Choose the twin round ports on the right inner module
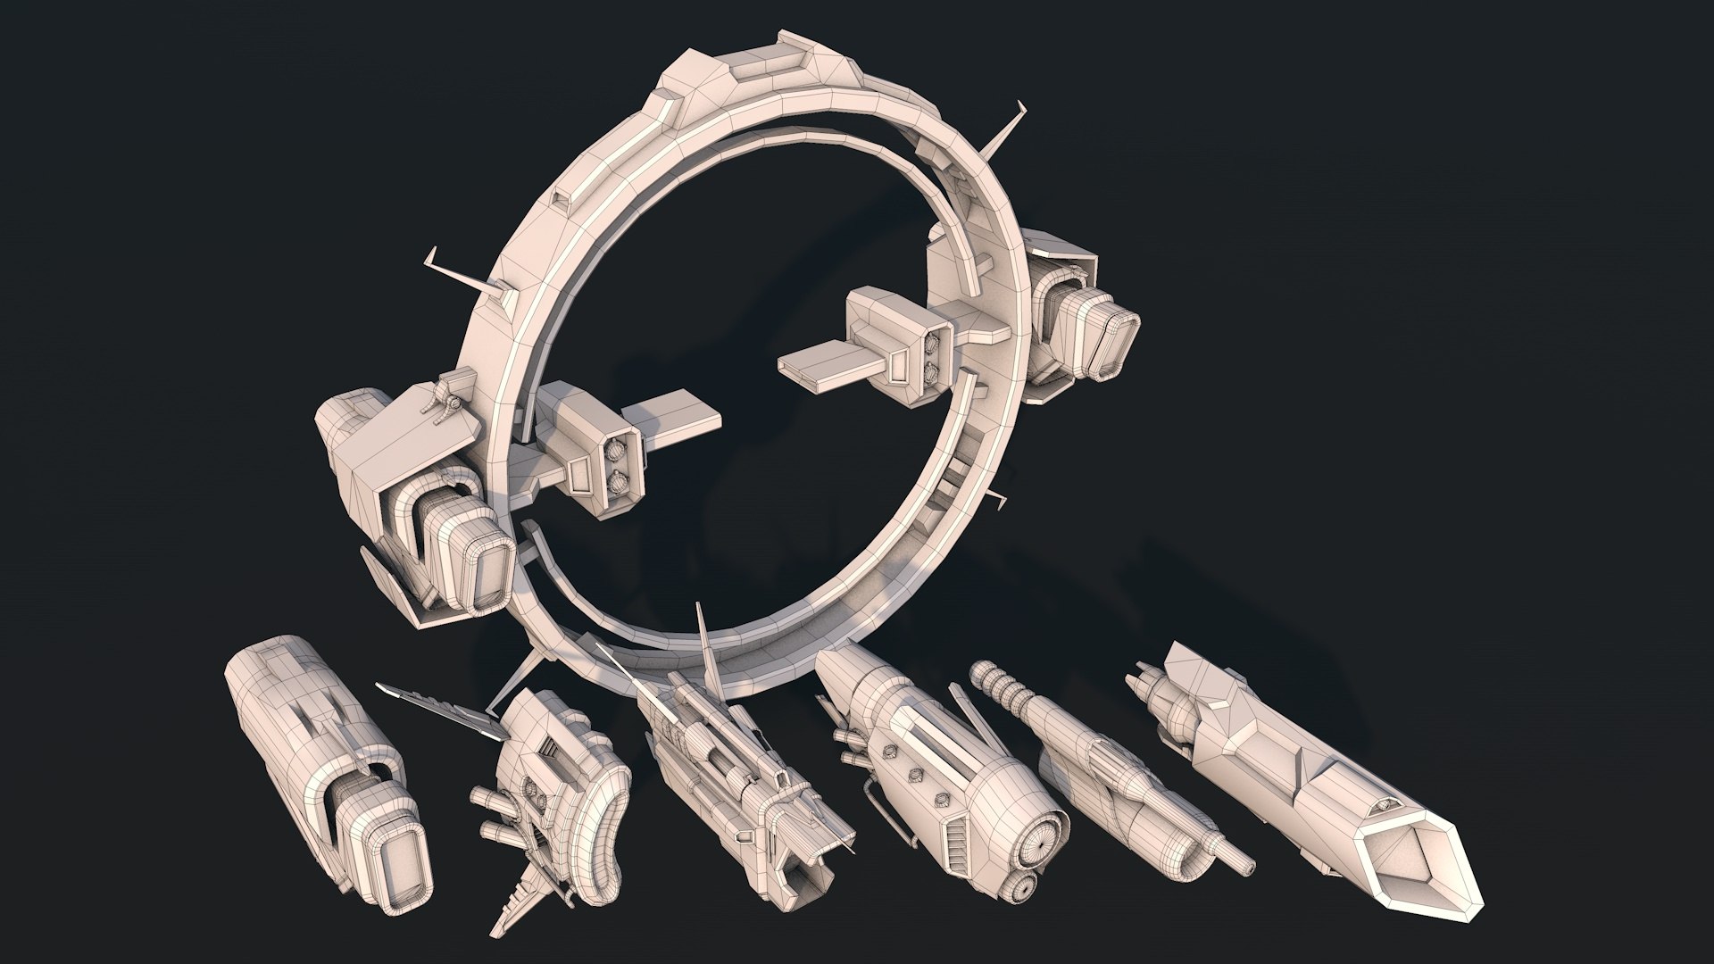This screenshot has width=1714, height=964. pos(933,354)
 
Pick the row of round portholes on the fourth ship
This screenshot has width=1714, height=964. pos(913,751)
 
